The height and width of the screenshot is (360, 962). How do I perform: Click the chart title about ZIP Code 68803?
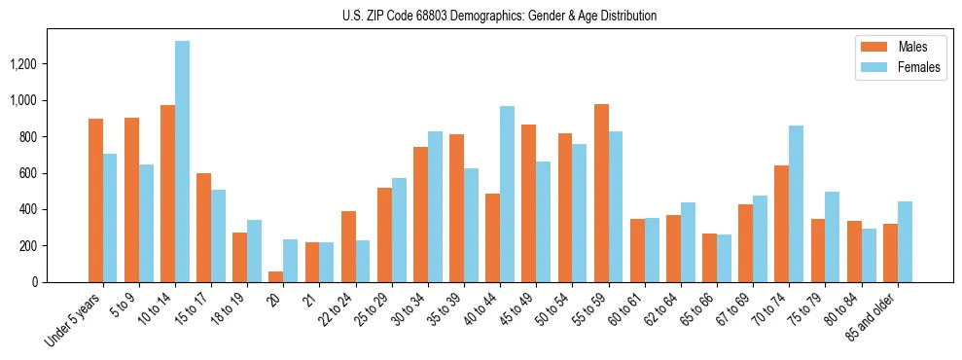point(499,16)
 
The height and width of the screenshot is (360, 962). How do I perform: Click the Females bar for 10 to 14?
point(182,162)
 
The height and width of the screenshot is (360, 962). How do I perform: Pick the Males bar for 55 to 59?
point(601,193)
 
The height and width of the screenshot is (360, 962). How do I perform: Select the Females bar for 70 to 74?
point(796,203)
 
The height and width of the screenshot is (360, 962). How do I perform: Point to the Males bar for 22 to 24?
point(348,246)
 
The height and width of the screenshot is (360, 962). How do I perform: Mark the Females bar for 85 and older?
point(905,241)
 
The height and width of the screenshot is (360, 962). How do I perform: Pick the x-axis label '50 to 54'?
point(552,312)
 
